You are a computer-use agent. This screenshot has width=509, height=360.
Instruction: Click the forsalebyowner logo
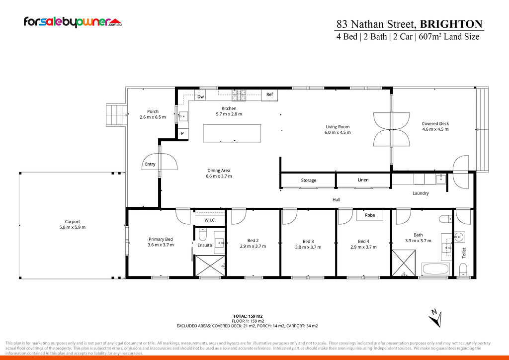pyautogui.click(x=73, y=22)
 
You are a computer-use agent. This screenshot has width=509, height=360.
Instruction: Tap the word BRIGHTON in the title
pyautogui.click(x=451, y=24)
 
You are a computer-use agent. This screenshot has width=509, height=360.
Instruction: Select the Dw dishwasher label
pyautogui.click(x=201, y=97)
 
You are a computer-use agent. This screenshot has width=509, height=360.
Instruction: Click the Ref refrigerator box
pyautogui.click(x=269, y=95)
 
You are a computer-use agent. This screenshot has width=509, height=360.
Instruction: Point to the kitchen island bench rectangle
pyautogui.click(x=232, y=133)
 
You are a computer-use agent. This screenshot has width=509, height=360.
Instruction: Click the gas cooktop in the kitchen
pyautogui.click(x=239, y=95)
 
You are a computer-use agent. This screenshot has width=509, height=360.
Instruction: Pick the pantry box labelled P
pyautogui.click(x=183, y=133)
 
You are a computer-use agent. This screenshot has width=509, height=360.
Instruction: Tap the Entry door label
pyautogui.click(x=150, y=164)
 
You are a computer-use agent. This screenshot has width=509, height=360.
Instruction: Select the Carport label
pyautogui.click(x=72, y=222)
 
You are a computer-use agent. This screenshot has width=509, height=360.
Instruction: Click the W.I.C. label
pyautogui.click(x=210, y=220)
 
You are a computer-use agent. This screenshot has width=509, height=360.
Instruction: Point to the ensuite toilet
pyautogui.click(x=203, y=234)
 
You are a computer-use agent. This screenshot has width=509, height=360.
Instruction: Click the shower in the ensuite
pyautogui.click(x=210, y=266)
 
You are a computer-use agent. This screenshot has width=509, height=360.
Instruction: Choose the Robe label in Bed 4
pyautogui.click(x=370, y=215)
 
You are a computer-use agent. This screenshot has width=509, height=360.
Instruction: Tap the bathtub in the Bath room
pyautogui.click(x=435, y=269)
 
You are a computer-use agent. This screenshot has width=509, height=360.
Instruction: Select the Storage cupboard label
pyautogui.click(x=308, y=180)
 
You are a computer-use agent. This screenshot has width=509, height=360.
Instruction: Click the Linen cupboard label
pyautogui.click(x=363, y=180)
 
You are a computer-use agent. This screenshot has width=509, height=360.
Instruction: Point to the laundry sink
pyautogui.click(x=441, y=179)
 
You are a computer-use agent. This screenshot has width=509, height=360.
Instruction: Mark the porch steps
pyautogui.click(x=116, y=115)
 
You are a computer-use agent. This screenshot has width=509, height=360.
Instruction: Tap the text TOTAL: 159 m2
pyautogui.click(x=248, y=316)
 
